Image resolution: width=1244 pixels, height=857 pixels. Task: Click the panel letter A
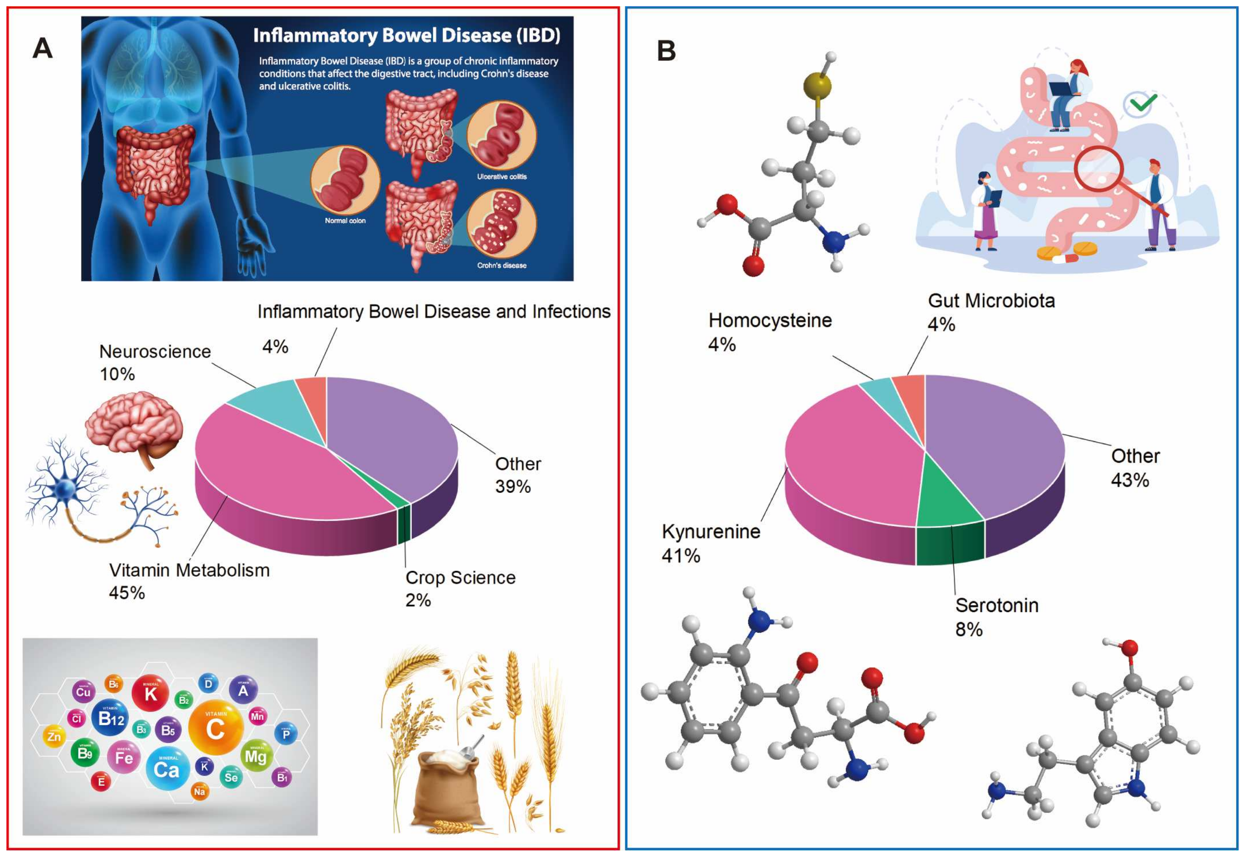(x=43, y=48)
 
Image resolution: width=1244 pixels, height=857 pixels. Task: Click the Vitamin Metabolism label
(x=189, y=570)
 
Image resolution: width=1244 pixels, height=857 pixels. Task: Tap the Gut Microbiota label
(x=991, y=301)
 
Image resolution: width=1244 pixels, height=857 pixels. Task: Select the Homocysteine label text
(x=770, y=321)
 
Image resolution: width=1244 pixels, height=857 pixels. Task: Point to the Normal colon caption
(x=345, y=221)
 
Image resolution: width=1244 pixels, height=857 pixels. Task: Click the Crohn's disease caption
(x=502, y=265)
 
